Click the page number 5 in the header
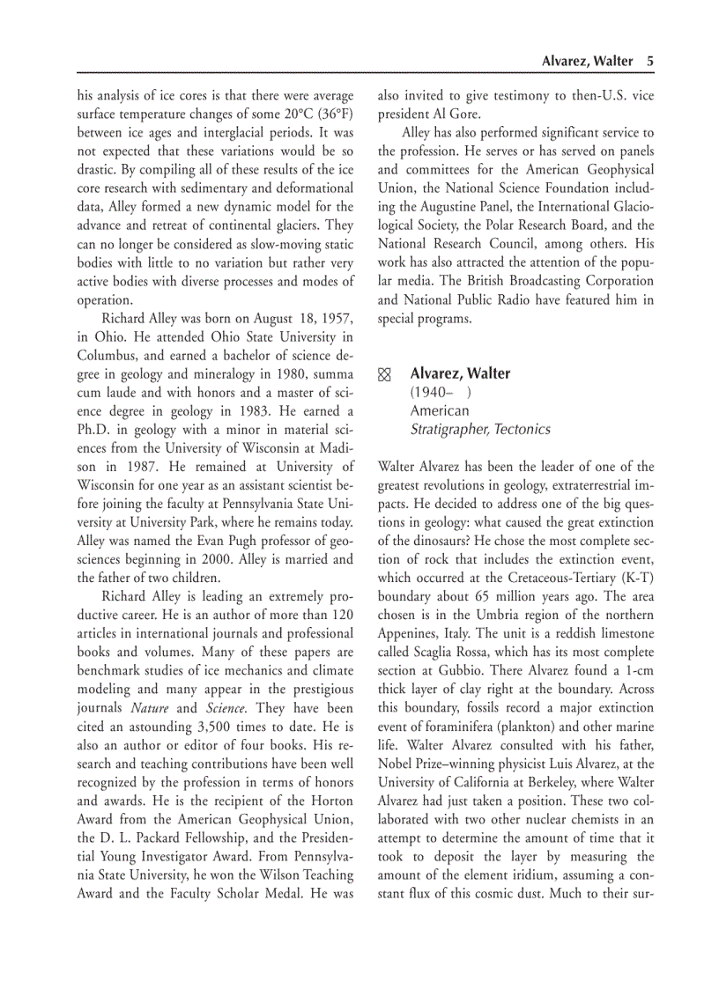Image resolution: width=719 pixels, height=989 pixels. click(649, 61)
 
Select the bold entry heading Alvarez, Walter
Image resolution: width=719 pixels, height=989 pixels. click(460, 373)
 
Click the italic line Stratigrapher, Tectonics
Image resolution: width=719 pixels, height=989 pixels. click(480, 430)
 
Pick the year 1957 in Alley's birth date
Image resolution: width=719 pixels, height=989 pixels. click(336, 318)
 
